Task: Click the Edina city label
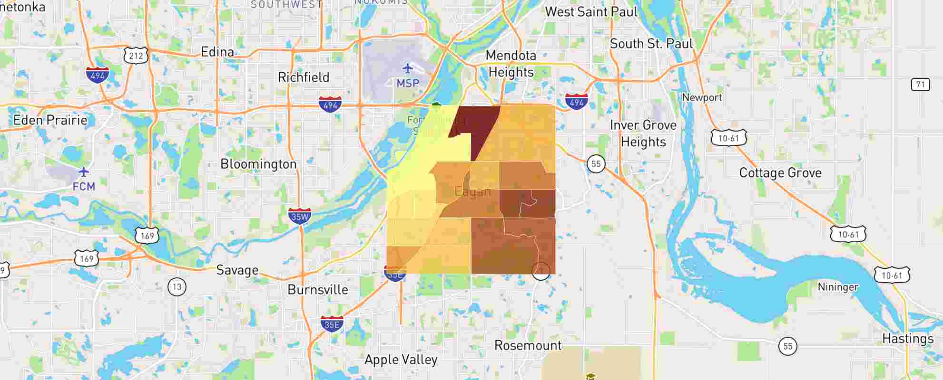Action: [x=217, y=52]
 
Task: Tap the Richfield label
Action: [x=303, y=77]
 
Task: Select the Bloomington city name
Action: [x=258, y=164]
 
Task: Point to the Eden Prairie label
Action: [x=50, y=120]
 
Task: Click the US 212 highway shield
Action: [x=136, y=56]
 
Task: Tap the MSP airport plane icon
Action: [x=407, y=68]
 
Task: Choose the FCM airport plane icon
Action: [x=84, y=171]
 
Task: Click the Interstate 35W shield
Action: [x=300, y=216]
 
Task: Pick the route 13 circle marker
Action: [x=177, y=287]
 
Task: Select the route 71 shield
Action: [x=920, y=85]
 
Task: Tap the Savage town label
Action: [x=237, y=270]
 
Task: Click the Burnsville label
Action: [x=318, y=290]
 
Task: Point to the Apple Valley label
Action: [x=401, y=360]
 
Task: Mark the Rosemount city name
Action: [x=528, y=345]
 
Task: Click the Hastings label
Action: [x=908, y=339]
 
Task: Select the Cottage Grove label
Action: [x=780, y=173]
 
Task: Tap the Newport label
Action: [x=702, y=97]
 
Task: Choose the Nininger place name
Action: [x=838, y=287]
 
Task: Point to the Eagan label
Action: [x=472, y=192]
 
